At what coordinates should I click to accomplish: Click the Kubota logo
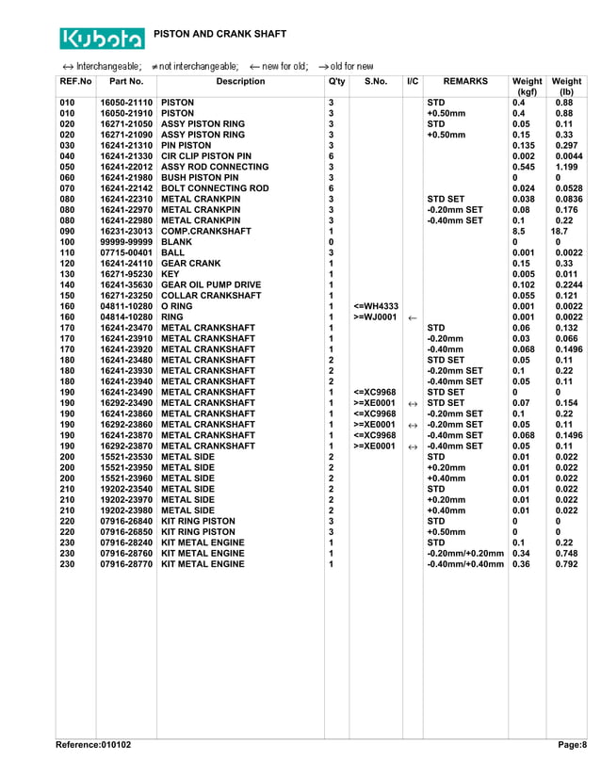103,38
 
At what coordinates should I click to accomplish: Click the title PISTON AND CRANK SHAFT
219,34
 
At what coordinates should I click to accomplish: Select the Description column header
240,82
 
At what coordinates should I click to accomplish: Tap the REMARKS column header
465,82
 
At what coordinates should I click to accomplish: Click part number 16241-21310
126,145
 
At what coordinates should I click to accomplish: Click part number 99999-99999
126,242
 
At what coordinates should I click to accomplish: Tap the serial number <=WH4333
376,306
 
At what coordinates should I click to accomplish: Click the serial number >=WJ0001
376,317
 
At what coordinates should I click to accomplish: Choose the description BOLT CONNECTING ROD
215,188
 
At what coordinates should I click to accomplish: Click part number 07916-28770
126,564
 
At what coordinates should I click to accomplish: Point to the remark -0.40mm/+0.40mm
465,564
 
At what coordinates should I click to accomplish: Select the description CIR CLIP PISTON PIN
206,156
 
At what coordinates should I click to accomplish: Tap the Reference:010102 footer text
93,745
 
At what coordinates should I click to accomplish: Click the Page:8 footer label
572,745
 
